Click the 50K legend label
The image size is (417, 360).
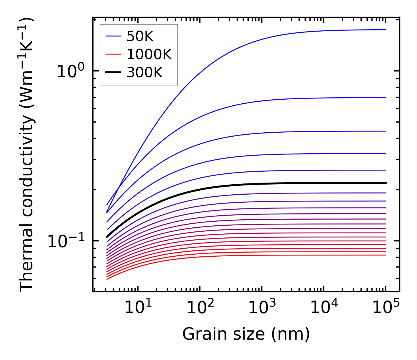pos(140,36)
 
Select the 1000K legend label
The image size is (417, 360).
pos(149,55)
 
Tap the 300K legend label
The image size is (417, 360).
pos(144,73)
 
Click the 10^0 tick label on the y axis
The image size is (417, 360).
pos(71,71)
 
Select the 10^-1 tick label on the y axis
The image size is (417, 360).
pos(66,241)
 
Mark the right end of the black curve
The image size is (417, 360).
pos(386,183)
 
